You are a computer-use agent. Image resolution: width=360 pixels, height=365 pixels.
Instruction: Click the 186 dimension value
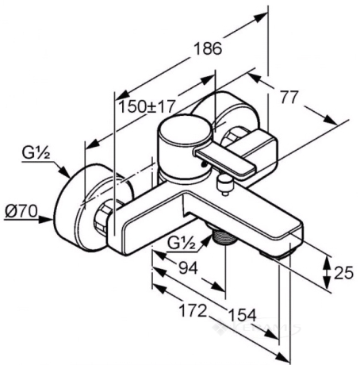pos(208,48)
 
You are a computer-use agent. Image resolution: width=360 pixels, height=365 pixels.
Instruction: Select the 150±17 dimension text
pos(147,106)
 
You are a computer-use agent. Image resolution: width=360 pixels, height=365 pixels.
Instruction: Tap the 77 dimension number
pos(289,97)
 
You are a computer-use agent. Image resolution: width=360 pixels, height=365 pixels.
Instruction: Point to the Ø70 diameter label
pos(21,211)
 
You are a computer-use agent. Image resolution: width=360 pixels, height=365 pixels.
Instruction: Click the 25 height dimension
pos(343,273)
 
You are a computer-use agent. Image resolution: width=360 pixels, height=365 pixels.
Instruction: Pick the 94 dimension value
pos(188,268)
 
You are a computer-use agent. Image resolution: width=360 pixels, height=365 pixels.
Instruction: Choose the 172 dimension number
pos(193,310)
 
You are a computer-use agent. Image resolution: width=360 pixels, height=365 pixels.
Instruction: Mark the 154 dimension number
pos(243,315)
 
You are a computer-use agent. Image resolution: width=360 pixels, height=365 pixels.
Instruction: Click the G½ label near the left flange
pos(36,153)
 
